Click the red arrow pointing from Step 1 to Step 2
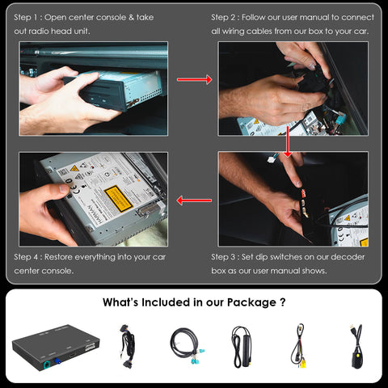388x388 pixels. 194,79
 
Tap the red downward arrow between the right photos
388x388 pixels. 288,141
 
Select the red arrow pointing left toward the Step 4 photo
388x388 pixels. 194,200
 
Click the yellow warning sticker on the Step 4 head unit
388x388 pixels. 118,199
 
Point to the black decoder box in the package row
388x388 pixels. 56,348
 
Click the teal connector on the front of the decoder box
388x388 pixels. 48,366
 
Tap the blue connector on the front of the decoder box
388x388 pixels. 57,361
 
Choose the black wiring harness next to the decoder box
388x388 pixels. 127,346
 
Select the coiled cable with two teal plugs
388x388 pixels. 187,346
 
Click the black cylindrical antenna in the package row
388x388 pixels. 242,347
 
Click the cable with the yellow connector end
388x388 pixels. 299,346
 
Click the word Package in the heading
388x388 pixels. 251,302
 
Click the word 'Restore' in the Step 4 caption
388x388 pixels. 58,257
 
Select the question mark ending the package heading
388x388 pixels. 283,302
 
